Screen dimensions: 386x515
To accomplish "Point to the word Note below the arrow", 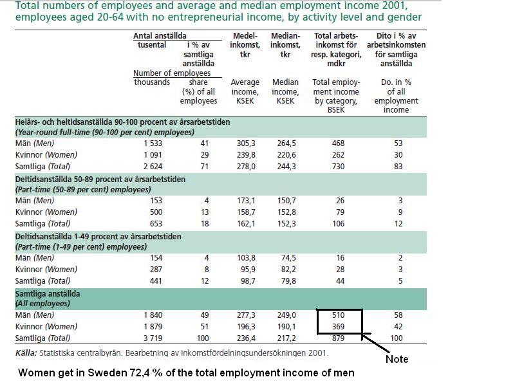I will click(x=397, y=359).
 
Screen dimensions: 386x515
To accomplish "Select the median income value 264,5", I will click(x=285, y=143).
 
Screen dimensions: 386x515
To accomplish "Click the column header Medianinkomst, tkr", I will click(x=285, y=45).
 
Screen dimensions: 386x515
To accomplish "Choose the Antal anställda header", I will click(x=156, y=36).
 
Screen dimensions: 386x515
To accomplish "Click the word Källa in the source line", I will click(x=27, y=353).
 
